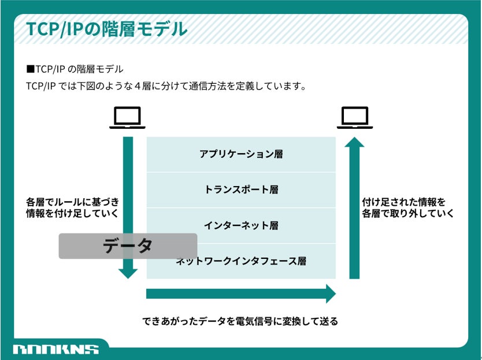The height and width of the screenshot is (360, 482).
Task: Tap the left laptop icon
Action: pos(128,118)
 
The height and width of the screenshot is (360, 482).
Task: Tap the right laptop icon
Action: pos(354,118)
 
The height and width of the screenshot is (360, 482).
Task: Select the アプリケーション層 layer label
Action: pos(241,154)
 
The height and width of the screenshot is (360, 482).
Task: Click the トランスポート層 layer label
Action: pos(241,190)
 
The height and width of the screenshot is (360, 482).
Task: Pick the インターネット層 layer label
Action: pos(241,225)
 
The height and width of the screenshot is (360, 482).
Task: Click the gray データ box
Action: pos(128,246)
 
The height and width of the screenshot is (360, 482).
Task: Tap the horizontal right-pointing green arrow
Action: pos(241,294)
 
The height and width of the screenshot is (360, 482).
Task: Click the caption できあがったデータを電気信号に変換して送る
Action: pos(240,321)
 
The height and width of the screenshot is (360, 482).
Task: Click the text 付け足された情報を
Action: pos(404,202)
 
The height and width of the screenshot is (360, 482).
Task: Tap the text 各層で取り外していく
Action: pos(407,214)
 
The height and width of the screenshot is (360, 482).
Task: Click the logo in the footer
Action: pos(55,349)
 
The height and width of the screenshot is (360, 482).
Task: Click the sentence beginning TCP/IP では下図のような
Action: pos(165,87)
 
